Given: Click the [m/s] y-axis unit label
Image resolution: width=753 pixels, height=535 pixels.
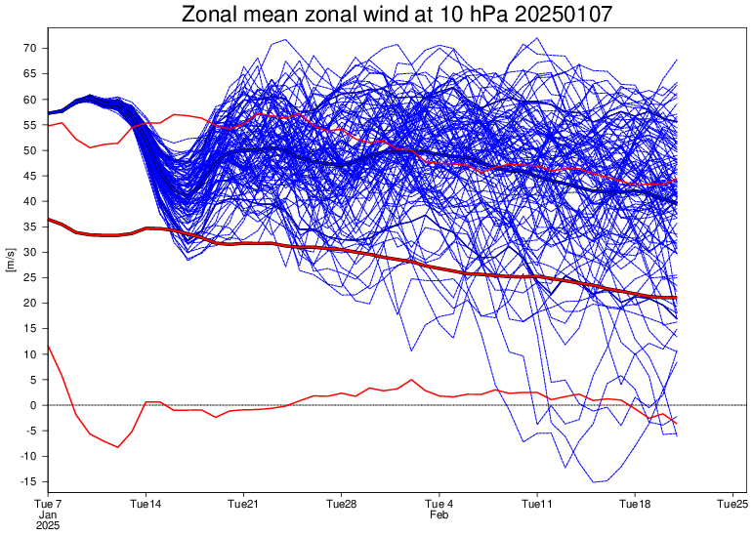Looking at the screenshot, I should coord(11,265).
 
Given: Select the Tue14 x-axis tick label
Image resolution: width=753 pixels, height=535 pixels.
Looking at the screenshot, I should coord(146,504).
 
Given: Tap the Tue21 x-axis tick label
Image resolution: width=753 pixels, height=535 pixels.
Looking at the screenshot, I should coord(243,504).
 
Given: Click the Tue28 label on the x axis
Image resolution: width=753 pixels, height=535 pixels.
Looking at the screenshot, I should coord(341,504).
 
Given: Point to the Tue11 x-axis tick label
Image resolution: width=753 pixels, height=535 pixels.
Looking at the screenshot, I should coord(537,504).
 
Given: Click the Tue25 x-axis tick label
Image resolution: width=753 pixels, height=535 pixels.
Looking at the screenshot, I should coord(732,504).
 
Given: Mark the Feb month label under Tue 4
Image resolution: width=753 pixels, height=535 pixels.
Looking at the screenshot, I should coord(439,514).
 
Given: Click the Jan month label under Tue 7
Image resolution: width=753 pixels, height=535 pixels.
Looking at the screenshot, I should coord(47,514).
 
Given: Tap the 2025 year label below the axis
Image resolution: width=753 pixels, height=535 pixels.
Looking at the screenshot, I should coord(47,525).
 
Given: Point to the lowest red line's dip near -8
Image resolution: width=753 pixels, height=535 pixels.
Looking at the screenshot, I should coord(118,447).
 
